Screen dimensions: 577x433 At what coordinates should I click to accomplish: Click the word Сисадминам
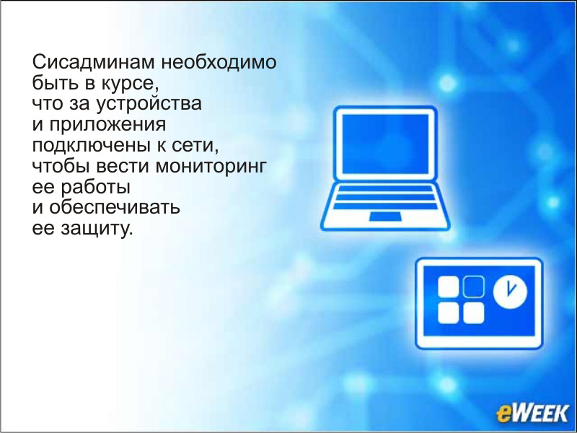pyautogui.click(x=94, y=62)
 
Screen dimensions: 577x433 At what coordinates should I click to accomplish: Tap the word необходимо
pyautogui.click(x=219, y=62)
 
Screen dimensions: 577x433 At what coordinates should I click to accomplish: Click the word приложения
pyautogui.click(x=107, y=125)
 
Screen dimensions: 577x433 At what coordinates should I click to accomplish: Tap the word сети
pyautogui.click(x=195, y=146)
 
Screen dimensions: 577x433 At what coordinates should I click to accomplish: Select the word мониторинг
pyautogui.click(x=210, y=167)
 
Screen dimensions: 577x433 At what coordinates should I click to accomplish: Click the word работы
pyautogui.click(x=95, y=187)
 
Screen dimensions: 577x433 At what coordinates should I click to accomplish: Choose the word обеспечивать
pyautogui.click(x=115, y=207)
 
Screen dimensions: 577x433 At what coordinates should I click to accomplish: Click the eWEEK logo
pyautogui.click(x=532, y=412)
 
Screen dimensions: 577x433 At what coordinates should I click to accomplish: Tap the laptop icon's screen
pyautogui.click(x=385, y=144)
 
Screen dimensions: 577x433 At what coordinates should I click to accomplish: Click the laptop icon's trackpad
pyautogui.click(x=385, y=216)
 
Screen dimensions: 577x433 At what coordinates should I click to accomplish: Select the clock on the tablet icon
pyautogui.click(x=510, y=292)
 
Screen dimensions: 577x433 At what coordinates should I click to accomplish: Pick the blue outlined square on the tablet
pyautogui.click(x=473, y=287)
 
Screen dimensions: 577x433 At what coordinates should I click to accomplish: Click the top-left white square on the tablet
pyautogui.click(x=449, y=287)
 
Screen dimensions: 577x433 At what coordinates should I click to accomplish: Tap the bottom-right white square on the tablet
pyautogui.click(x=473, y=313)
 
